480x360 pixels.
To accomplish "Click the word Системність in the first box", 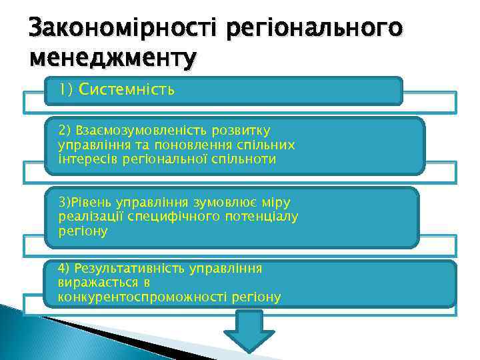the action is click(127, 90).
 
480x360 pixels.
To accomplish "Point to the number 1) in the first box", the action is click(66, 90).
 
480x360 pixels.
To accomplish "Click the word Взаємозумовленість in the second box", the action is click(144, 130).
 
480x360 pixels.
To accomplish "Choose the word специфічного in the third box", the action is click(149, 216).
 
